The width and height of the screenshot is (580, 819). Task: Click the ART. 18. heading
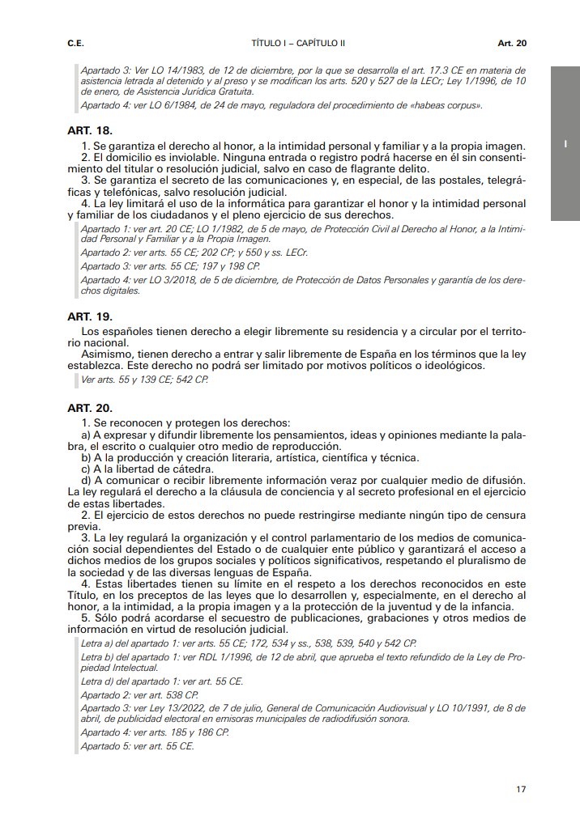click(x=89, y=130)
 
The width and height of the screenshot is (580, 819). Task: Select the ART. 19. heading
click(x=89, y=316)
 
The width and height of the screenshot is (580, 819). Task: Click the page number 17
click(x=521, y=788)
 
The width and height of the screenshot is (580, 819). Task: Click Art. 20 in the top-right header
click(x=512, y=41)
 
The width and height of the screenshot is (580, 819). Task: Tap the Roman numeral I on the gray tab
click(x=564, y=144)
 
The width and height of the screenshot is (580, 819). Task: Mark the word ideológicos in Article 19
click(x=452, y=365)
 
